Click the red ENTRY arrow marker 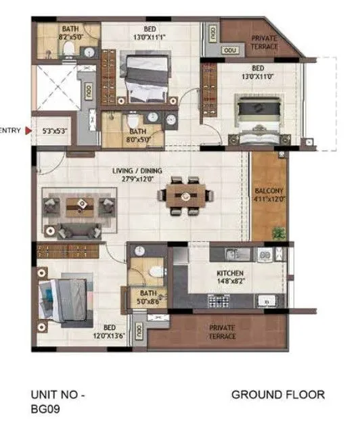point(28,131)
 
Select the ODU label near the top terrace point(229,49)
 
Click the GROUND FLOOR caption point(278,394)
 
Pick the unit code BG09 point(45,409)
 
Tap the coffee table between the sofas point(79,206)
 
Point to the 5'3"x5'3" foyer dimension point(55,131)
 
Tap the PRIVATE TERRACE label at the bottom point(221,332)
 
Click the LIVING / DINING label point(137,172)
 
